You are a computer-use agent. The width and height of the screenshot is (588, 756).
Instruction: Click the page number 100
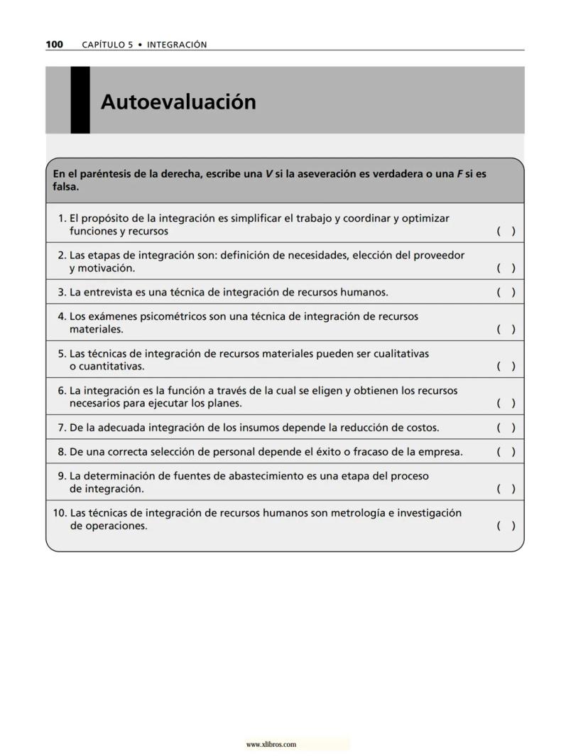(54, 45)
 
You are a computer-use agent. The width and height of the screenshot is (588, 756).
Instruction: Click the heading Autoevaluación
(178, 102)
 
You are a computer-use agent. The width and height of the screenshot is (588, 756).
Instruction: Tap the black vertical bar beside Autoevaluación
(80, 100)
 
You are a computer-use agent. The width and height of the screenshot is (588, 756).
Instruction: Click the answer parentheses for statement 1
(506, 231)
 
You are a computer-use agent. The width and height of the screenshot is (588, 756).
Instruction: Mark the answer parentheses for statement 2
(506, 268)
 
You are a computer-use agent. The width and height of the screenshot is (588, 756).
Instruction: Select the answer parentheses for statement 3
(506, 292)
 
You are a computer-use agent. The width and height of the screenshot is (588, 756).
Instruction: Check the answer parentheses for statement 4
(506, 329)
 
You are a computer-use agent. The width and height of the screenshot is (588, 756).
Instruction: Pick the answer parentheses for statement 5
(506, 366)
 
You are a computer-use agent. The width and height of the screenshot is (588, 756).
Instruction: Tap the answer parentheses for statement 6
(506, 403)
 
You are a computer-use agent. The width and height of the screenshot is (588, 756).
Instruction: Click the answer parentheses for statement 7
(506, 427)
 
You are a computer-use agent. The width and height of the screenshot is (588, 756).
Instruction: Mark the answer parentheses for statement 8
(506, 451)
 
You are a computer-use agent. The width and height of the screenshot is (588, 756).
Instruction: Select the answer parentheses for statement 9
(506, 489)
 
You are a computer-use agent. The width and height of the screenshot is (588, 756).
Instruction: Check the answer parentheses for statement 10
(506, 526)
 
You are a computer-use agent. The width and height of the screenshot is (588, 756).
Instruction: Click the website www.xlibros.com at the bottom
(271, 745)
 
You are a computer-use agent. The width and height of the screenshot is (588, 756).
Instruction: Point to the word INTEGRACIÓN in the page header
(177, 45)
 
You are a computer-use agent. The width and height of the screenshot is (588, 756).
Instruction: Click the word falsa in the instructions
(65, 188)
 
